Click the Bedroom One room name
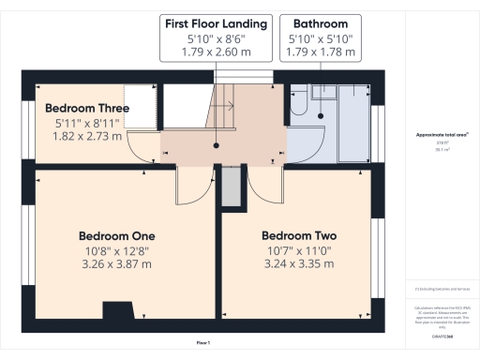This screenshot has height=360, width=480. tap(116, 235)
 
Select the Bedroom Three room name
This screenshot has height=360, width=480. tap(86, 108)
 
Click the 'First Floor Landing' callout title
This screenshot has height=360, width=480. tap(216, 22)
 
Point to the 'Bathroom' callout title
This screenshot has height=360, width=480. tap(321, 22)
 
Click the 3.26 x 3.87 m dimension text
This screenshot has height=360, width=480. tap(116, 265)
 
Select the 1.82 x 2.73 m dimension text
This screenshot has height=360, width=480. tap(86, 137)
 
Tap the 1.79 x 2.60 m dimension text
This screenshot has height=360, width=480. tap(216, 53)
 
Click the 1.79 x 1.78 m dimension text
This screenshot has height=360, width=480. tap(321, 53)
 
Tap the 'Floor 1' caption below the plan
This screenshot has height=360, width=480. tap(202, 343)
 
